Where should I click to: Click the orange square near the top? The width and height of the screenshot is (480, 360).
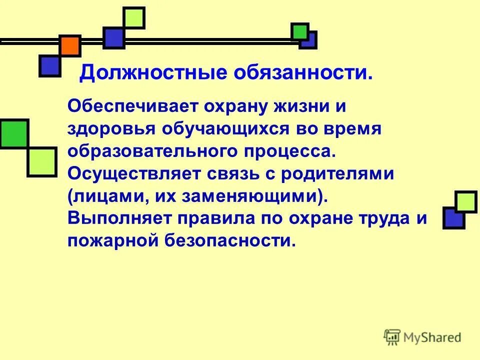point(70,46)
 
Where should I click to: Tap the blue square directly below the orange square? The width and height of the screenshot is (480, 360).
point(50,65)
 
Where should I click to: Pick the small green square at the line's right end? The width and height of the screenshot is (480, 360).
point(299,31)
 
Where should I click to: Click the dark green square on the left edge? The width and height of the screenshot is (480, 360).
point(13,133)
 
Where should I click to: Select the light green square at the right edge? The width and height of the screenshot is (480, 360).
point(465,202)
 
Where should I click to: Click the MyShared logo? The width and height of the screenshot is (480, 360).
point(422,337)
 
